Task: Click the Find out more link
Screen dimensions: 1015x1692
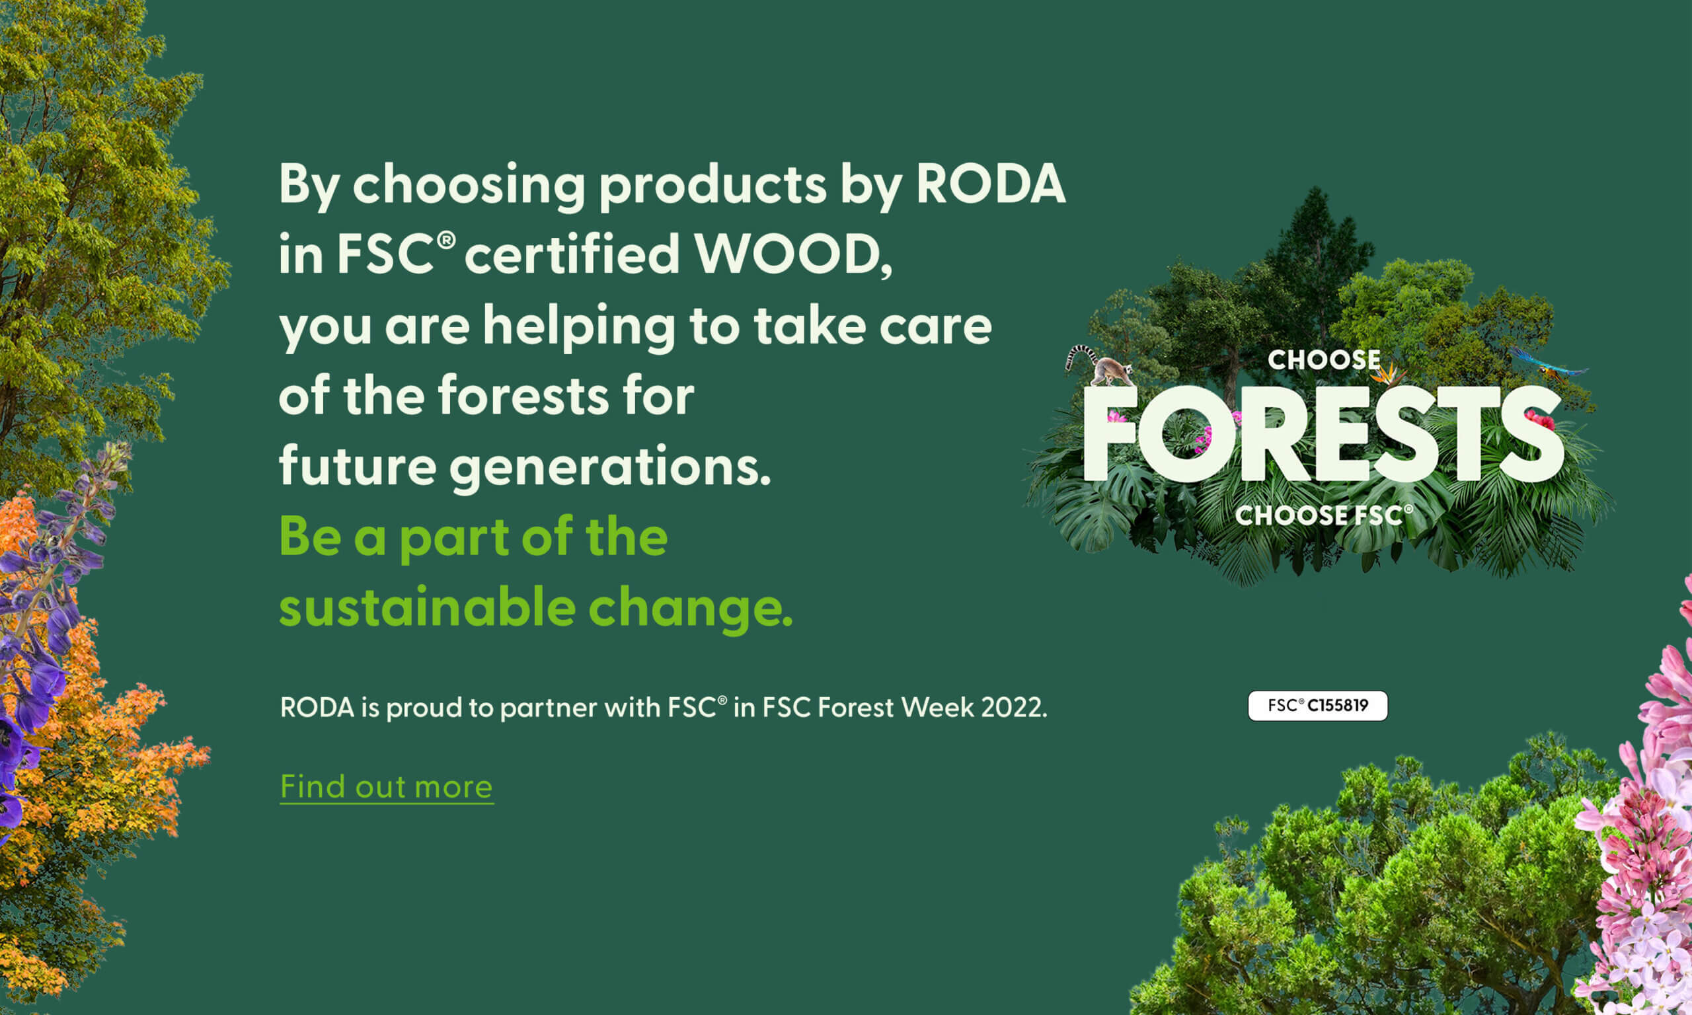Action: coord(387,787)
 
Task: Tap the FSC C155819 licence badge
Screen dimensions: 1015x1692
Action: coord(1317,706)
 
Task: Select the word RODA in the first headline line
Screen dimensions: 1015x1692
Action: coord(990,184)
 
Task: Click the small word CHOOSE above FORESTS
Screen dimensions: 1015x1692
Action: coord(1323,359)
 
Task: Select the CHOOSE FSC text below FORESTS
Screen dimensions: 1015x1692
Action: coord(1323,515)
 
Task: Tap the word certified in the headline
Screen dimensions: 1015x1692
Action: coord(572,254)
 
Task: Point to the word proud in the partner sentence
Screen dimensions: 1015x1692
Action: coord(424,708)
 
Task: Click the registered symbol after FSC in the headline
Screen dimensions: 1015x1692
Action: coord(446,239)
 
